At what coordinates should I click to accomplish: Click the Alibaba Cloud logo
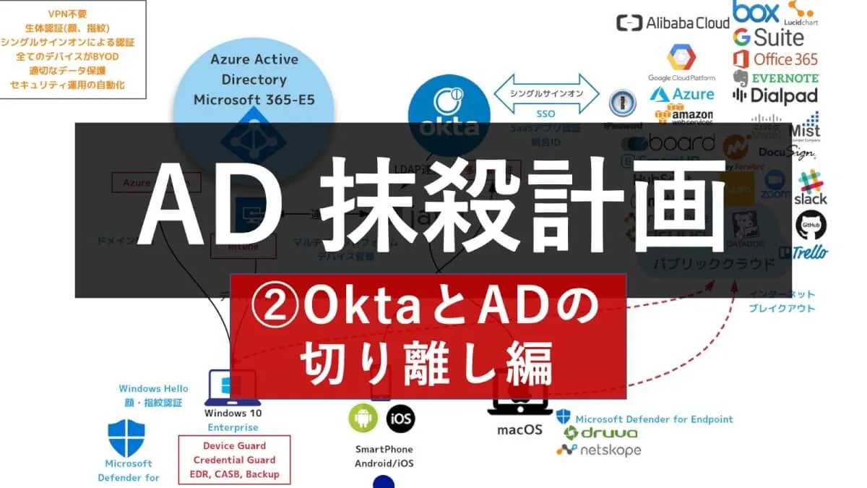pos(673,23)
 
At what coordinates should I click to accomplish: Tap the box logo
pos(756,12)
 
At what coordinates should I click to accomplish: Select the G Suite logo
pos(768,36)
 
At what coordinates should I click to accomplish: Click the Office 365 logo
pos(775,59)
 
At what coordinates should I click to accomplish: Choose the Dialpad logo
pos(775,95)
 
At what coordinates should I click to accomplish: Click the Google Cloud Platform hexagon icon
pos(681,57)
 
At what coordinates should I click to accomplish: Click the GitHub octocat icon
pos(811,226)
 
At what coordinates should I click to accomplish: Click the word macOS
pos(519,430)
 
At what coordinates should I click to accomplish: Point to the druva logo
pos(600,433)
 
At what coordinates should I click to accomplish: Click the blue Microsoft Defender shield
pos(126,438)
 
